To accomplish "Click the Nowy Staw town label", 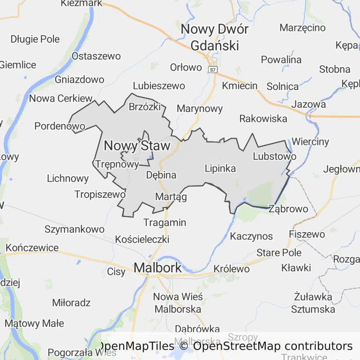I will (x=137, y=146).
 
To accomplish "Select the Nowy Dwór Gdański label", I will (x=215, y=37).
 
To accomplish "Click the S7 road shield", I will (x=213, y=69).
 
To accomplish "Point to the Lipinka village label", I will (x=220, y=168).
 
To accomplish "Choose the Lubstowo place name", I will (x=274, y=156).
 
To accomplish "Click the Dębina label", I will (x=161, y=175).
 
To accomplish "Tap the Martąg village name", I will (x=171, y=196).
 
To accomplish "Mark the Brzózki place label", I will (x=145, y=106).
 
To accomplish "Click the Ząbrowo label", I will (x=288, y=209).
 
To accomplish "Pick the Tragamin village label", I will (x=165, y=222).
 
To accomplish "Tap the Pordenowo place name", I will (x=60, y=126).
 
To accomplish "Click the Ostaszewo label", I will (x=96, y=56).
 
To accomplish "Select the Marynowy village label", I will (x=200, y=109).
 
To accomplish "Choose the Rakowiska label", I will (x=263, y=118).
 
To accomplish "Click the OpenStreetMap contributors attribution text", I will (x=273, y=346).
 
